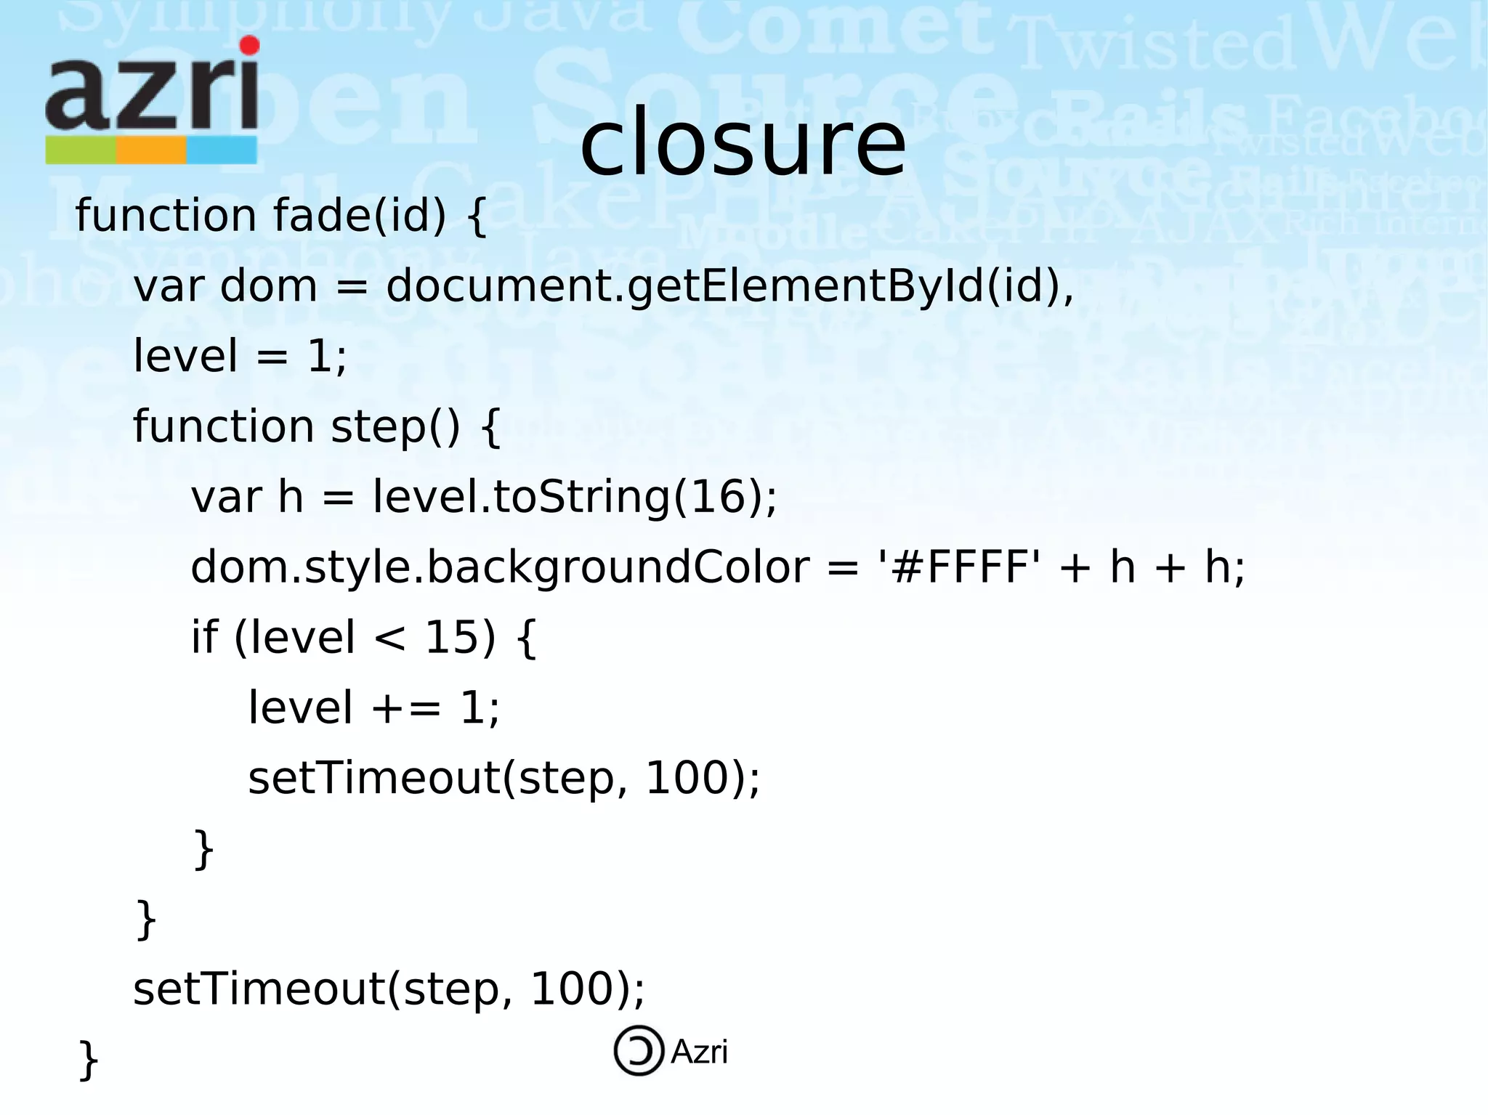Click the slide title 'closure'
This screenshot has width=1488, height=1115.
(743, 143)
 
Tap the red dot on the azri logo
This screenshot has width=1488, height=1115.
(250, 45)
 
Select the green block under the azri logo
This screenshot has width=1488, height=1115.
(81, 150)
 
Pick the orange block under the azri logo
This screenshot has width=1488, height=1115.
(151, 150)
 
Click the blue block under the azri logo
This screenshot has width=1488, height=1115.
(222, 150)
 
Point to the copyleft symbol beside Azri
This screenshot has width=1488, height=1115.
(639, 1050)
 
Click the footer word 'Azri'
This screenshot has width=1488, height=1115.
(699, 1052)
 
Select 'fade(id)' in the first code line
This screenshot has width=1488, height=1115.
(360, 216)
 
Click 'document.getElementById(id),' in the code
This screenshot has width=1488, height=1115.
(729, 285)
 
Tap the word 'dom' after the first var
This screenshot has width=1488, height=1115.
(268, 285)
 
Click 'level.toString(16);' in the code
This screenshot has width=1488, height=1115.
(575, 497)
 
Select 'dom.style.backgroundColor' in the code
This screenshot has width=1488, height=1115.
(500, 567)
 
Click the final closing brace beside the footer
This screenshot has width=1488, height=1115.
(88, 1061)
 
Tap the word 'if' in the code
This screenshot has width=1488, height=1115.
(204, 637)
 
